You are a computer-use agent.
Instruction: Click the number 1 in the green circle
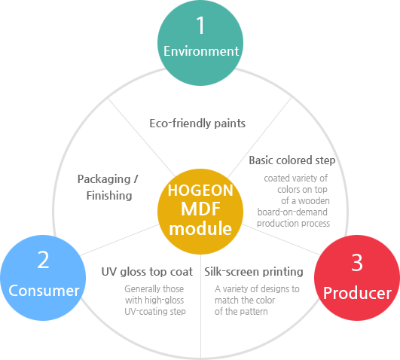coord(201,25)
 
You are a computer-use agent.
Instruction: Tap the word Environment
coord(201,51)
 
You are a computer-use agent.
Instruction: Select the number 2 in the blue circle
coord(43,260)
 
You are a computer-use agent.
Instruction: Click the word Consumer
coord(44,291)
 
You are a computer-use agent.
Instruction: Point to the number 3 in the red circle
coord(357,262)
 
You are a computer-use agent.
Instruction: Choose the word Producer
coord(357,293)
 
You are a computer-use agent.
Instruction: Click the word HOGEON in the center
coord(200,191)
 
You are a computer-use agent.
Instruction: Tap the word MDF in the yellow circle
coord(200,209)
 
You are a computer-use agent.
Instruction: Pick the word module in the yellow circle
coord(200,228)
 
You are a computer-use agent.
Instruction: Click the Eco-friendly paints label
coord(197,124)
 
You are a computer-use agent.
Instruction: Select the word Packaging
coord(104,179)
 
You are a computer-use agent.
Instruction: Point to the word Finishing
coord(109,196)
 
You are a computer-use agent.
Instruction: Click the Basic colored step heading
coord(292,160)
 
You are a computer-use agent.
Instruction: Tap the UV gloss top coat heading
coord(147,272)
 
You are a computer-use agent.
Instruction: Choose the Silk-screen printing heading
coord(254,272)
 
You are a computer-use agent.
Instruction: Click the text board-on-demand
coord(292,212)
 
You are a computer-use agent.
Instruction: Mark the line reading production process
coord(293,224)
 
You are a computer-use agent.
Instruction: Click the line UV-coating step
coord(155,312)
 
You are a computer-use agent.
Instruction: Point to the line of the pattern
coord(241,312)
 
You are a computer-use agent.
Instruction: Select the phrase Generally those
coord(154,289)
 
